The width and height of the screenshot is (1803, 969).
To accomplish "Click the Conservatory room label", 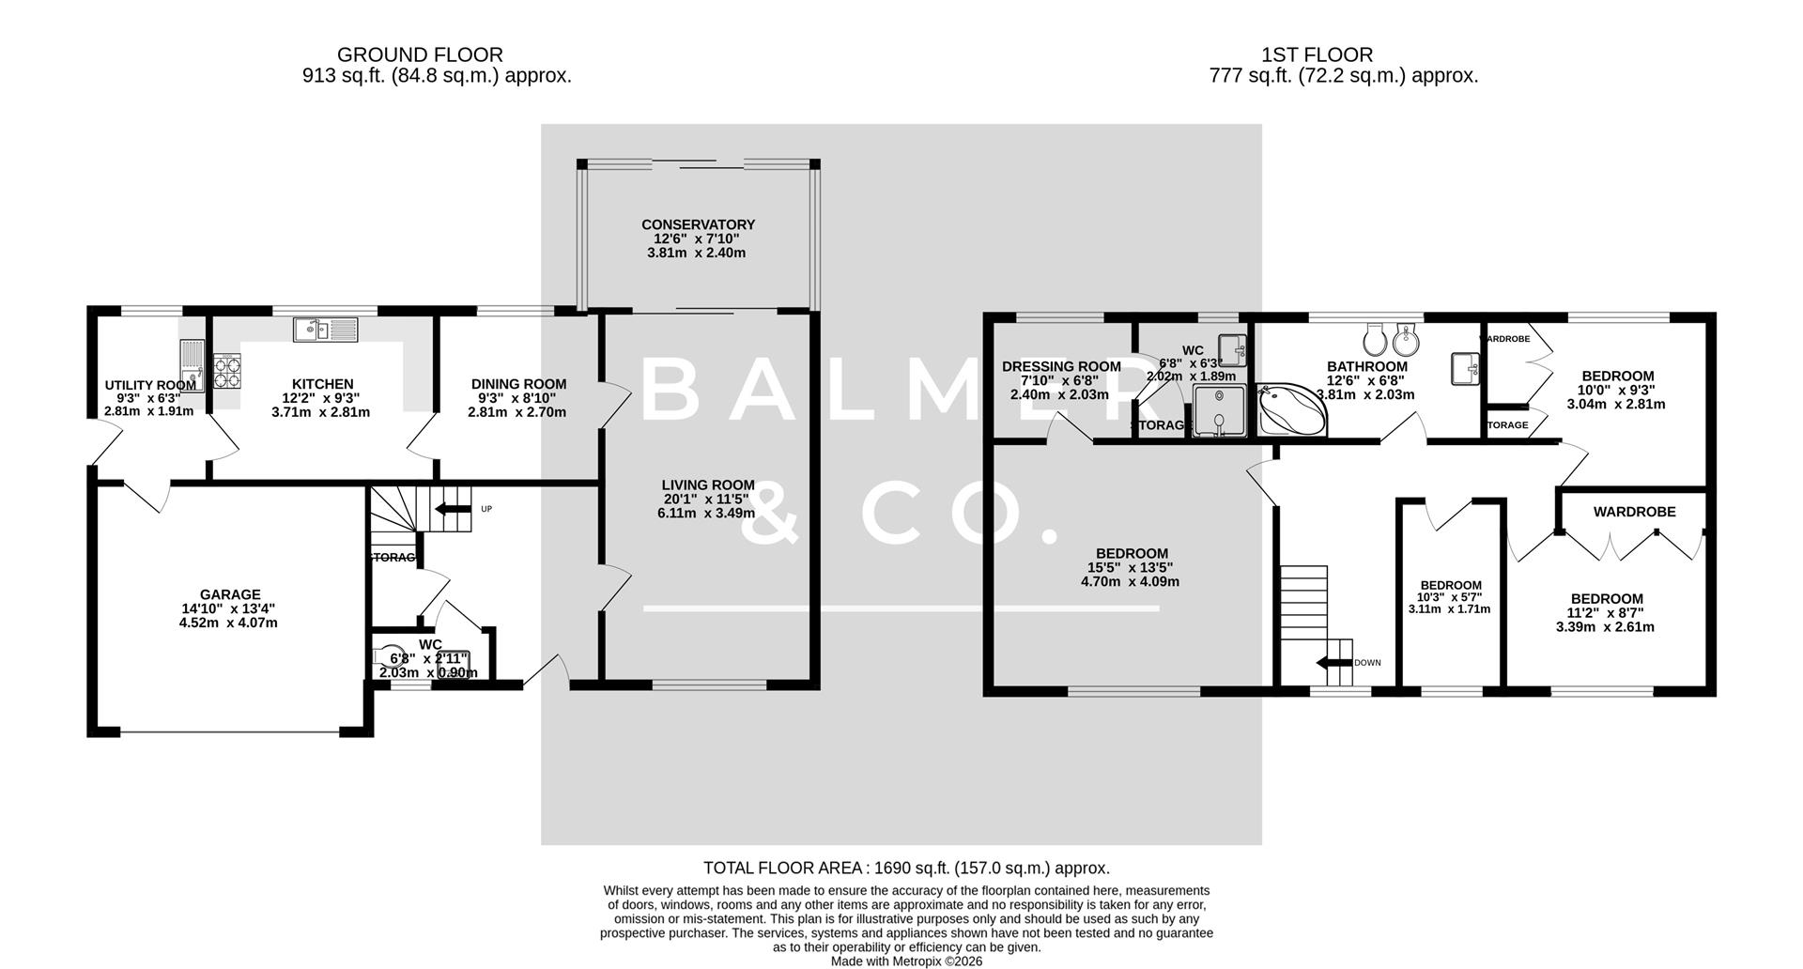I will (698, 225).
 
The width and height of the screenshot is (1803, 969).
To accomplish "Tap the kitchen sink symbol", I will (325, 329).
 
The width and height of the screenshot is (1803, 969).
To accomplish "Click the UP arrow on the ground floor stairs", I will (453, 510).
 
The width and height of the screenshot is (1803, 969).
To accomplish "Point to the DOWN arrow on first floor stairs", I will (1334, 663).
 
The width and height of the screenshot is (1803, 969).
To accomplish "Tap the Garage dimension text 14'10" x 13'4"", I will (229, 608).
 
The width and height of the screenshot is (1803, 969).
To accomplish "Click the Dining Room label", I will (518, 384).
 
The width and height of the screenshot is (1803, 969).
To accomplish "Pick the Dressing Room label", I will (1061, 367).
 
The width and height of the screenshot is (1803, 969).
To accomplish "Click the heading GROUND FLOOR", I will (420, 55).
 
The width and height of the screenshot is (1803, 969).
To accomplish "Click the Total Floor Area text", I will (906, 869).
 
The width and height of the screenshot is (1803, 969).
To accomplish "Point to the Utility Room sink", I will (191, 366).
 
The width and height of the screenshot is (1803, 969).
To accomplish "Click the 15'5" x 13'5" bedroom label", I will (1132, 554).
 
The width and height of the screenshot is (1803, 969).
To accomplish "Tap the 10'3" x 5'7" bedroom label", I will (1450, 585).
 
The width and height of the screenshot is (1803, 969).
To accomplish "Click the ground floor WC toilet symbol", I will (388, 654).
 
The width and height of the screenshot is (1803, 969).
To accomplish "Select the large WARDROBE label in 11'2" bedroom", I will (1634, 512).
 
